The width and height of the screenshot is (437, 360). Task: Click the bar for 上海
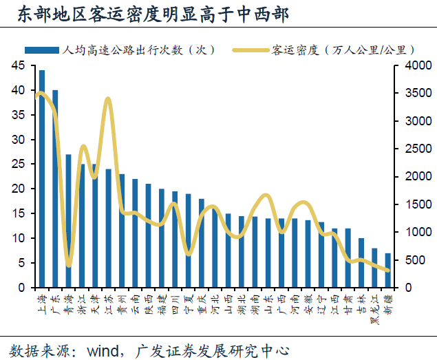42,179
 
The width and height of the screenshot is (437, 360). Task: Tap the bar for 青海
69,220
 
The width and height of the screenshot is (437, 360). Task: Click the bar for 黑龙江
374,268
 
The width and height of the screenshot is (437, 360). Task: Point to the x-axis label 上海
42,301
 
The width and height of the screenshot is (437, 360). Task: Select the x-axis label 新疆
387,301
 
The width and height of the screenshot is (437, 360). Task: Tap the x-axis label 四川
175,301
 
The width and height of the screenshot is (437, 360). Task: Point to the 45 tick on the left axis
17,65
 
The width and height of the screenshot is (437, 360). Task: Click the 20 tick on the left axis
17,189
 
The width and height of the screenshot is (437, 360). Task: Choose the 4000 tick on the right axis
413,65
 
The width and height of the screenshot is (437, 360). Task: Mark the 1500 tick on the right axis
413,204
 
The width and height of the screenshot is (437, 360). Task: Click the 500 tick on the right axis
410,260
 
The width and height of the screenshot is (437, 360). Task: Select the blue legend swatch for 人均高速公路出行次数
42,50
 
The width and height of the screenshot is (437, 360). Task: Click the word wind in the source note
105,349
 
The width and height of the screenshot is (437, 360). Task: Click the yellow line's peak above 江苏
108,99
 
